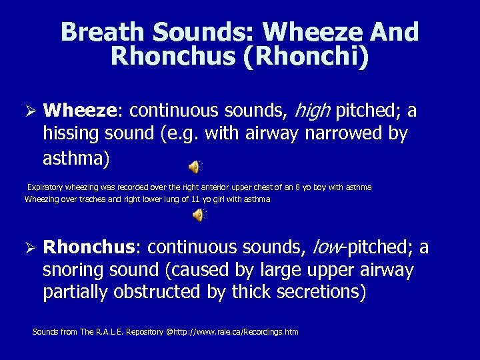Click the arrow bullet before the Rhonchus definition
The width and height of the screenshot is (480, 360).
coord(28,248)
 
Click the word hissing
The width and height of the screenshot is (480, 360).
coord(71,133)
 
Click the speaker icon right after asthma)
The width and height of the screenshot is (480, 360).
coord(194,167)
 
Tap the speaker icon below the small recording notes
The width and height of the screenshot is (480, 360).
coord(198,214)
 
